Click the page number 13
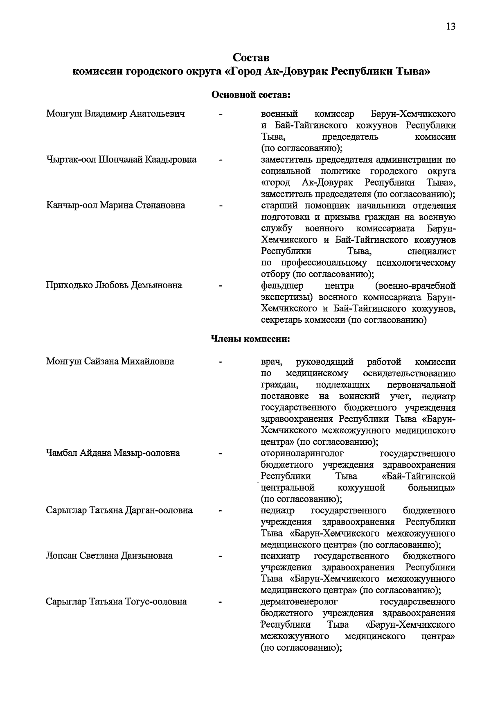pyautogui.click(x=451, y=27)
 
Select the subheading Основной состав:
pyautogui.click(x=250, y=95)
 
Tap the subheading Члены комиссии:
pyautogui.click(x=250, y=339)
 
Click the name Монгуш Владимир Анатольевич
pyautogui.click(x=115, y=113)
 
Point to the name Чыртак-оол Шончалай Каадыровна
pyautogui.click(x=121, y=160)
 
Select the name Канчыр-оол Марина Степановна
pyautogui.click(x=115, y=205)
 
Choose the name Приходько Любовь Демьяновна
pyautogui.click(x=114, y=285)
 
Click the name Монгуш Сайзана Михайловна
pyautogui.click(x=110, y=362)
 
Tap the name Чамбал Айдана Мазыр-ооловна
pyautogui.click(x=113, y=453)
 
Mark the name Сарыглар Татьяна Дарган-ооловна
pyautogui.click(x=119, y=511)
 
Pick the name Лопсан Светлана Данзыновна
pyautogui.click(x=109, y=556)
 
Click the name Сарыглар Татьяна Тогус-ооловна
pyautogui.click(x=117, y=602)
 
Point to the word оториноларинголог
pyautogui.click(x=302, y=453)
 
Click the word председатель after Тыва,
pyautogui.click(x=350, y=136)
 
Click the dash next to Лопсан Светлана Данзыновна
pyautogui.click(x=221, y=556)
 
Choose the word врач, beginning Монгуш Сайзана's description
pyautogui.click(x=271, y=362)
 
